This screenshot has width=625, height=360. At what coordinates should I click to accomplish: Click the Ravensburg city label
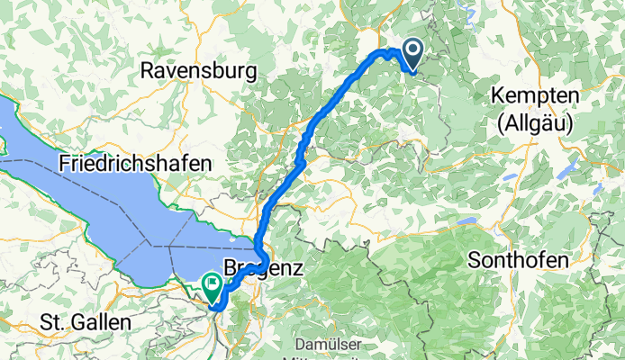pos(199,70)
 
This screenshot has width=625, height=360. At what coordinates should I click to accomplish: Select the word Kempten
pos(534,95)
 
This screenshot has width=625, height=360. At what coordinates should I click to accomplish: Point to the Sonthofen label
pos(519,260)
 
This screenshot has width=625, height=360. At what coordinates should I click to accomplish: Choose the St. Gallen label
pos(86,321)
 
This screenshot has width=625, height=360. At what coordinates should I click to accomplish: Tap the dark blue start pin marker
pos(413,54)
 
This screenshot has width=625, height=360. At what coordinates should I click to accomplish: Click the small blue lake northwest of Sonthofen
pos(467,219)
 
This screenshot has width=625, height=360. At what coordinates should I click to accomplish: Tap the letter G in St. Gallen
pos(74,321)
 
